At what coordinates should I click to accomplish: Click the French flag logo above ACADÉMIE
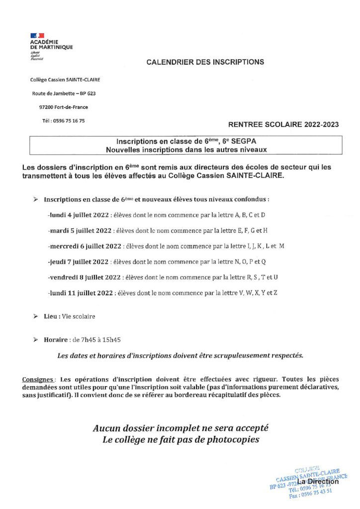[37, 36]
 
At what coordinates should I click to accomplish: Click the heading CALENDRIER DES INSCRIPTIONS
[205, 62]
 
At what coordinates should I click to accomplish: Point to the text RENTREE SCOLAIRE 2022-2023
[283, 124]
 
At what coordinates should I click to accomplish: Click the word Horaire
[56, 339]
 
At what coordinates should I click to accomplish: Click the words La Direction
[318, 482]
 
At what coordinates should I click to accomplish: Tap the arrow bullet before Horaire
[35, 339]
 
